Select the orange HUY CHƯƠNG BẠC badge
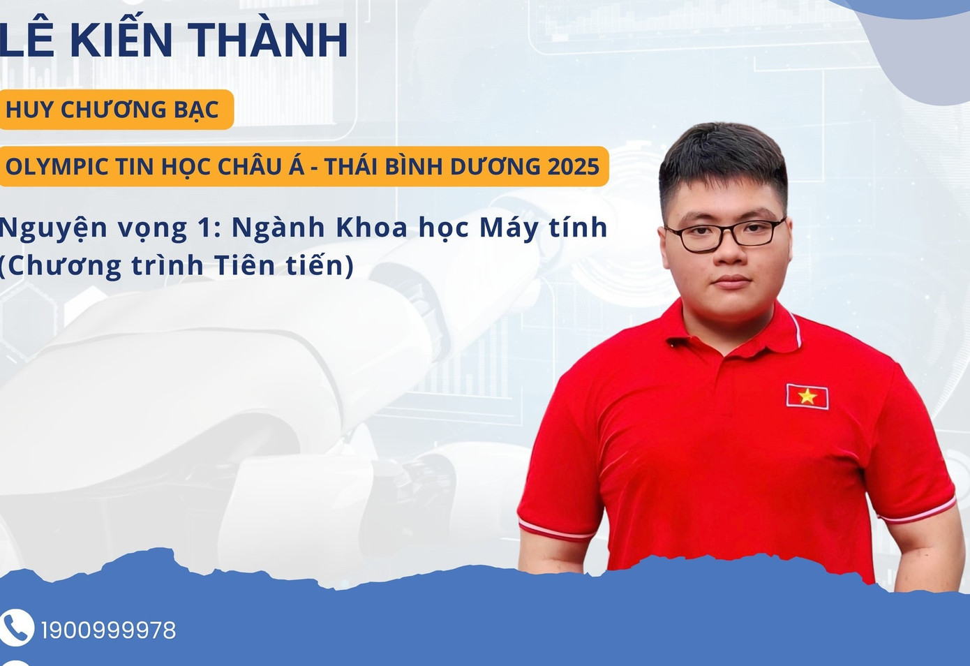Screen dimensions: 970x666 116,109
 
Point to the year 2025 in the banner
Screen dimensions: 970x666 574,166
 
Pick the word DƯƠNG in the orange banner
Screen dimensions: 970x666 495,165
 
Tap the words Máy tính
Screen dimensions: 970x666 543,228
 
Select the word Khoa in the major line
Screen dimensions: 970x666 371,228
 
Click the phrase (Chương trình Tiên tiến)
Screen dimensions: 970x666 177,265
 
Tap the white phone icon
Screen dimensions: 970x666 16,628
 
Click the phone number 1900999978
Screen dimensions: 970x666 109,630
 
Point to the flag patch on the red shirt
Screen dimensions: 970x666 807,397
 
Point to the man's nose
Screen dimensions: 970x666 729,251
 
